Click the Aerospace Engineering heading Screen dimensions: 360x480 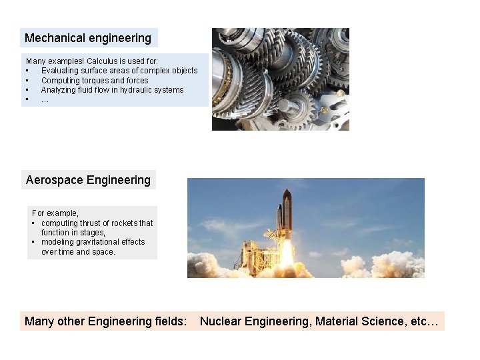[88, 180]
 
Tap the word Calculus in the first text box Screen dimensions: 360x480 [90, 61]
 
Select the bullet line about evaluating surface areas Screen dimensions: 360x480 [119, 71]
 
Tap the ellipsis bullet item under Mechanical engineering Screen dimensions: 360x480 [45, 99]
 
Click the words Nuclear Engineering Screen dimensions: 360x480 [255, 321]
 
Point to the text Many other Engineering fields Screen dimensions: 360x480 [105, 321]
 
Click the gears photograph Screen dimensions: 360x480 [280, 79]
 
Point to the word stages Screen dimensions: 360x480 [92, 233]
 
